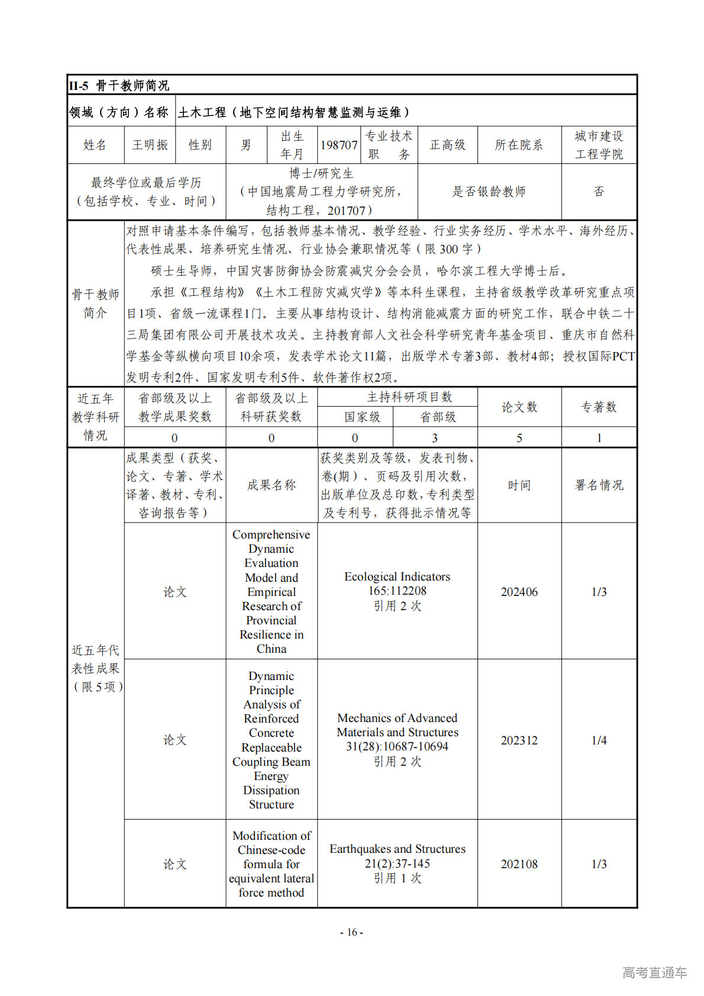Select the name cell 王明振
pyautogui.click(x=150, y=145)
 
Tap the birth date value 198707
pyautogui.click(x=339, y=145)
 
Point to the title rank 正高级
pyautogui.click(x=447, y=145)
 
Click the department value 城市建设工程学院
pyautogui.click(x=599, y=145)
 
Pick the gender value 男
pyautogui.click(x=246, y=145)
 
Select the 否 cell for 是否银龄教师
pyautogui.click(x=599, y=192)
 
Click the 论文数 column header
pyautogui.click(x=519, y=407)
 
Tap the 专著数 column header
pyautogui.click(x=599, y=407)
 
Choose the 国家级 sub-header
pyautogui.click(x=362, y=417)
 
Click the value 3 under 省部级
pyautogui.click(x=435, y=438)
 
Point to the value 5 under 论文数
pyautogui.click(x=519, y=438)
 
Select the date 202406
pyautogui.click(x=519, y=592)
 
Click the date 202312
pyautogui.click(x=519, y=740)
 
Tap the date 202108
pyautogui.click(x=519, y=864)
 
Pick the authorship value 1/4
pyautogui.click(x=599, y=740)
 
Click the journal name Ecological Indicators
pyautogui.click(x=397, y=576)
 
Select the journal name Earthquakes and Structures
pyautogui.click(x=397, y=849)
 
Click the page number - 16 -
pyautogui.click(x=351, y=933)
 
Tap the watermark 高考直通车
pyautogui.click(x=654, y=972)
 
